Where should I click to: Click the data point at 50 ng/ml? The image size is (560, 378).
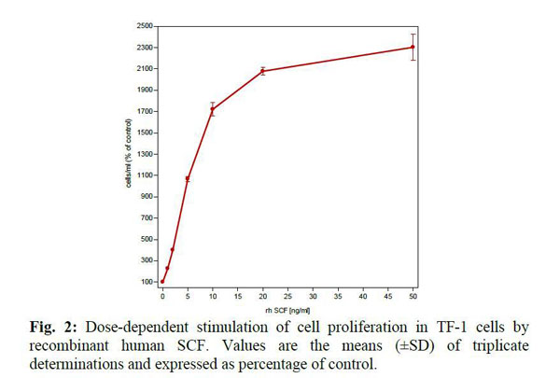point(413,47)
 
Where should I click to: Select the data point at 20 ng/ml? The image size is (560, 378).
point(262,71)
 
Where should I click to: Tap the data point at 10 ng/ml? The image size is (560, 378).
point(213,109)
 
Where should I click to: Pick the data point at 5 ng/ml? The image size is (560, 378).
point(188,178)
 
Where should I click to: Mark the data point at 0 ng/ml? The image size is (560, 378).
point(162,281)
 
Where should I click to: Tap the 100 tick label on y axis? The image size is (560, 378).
point(148,282)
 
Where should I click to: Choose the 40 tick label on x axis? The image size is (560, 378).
point(362,294)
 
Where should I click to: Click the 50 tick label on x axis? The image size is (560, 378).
point(413,294)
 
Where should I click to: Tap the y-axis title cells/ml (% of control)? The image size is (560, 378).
point(129,154)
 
